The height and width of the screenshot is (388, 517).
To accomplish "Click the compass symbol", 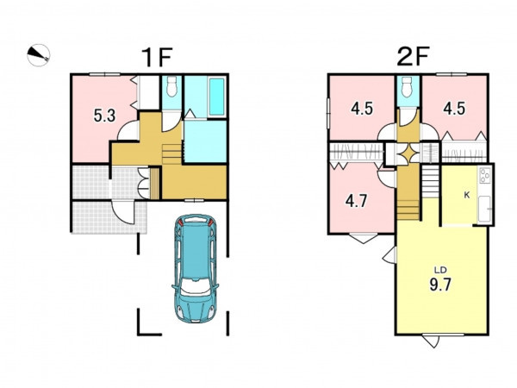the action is pos(38,55).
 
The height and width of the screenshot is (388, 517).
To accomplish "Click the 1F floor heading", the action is pos(157,57).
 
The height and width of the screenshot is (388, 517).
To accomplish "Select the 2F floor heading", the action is pos(413,56).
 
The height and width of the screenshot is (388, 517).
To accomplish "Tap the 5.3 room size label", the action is pos(104,116).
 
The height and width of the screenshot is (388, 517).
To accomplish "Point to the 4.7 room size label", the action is pos(357,201).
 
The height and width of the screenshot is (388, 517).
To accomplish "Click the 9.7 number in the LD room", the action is pos(440,284).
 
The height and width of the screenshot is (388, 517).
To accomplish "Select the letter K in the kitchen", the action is pos(466,195).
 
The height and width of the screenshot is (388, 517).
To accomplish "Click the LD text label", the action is pos(440,270).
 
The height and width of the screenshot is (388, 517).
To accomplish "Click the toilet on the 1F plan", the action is pos(171,87).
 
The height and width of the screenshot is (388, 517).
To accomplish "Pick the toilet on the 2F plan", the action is pos(407,87).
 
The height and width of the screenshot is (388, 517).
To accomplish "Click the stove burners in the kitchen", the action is pos(485,175).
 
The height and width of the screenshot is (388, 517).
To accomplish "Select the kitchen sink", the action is pos(484,209).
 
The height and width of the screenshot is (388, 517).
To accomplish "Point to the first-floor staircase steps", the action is pos(171,154).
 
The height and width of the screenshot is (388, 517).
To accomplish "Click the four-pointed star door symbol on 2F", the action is pos(408,153).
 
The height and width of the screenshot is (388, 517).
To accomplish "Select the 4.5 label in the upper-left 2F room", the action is pos(362,109).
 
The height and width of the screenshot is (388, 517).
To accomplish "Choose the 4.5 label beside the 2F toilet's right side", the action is pos(454,109).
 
